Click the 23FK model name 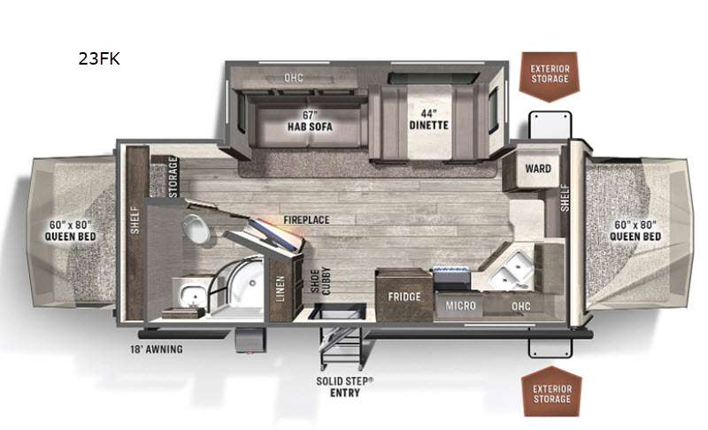pyautogui.click(x=99, y=58)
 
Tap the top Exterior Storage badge pyautogui.click(x=549, y=76)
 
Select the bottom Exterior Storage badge pyautogui.click(x=551, y=392)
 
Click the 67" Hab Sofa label pyautogui.click(x=310, y=121)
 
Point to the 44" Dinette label pyautogui.click(x=428, y=119)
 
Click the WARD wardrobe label pyautogui.click(x=538, y=168)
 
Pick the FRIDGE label pyautogui.click(x=404, y=296)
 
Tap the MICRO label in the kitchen pyautogui.click(x=460, y=305)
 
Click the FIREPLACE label pyautogui.click(x=306, y=219)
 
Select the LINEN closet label pyautogui.click(x=281, y=288)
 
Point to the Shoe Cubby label pyautogui.click(x=320, y=280)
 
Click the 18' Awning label pyautogui.click(x=157, y=349)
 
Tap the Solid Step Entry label pyautogui.click(x=344, y=387)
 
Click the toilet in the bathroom pyautogui.click(x=196, y=228)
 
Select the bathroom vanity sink pyautogui.click(x=190, y=294)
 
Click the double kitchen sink pyautogui.click(x=511, y=269)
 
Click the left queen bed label pyautogui.click(x=70, y=230)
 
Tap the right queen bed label pyautogui.click(x=635, y=230)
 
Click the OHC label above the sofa pyautogui.click(x=294, y=78)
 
